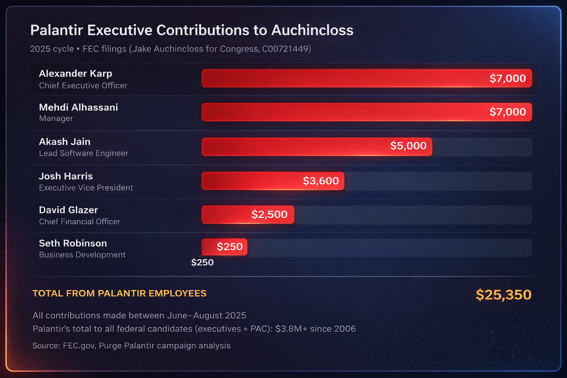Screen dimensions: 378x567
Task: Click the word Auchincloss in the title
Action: coord(312,30)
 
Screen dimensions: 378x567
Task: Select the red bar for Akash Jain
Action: coord(295,147)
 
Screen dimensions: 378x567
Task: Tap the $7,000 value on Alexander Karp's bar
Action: coord(508,78)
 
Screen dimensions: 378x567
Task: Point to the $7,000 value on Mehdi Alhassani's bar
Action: coord(508,112)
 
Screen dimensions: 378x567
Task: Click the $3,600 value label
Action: coord(321,181)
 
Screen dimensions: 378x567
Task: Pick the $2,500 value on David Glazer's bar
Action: coord(269,214)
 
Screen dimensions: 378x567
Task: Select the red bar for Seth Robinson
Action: coord(209,247)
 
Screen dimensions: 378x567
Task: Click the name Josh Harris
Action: coord(66,176)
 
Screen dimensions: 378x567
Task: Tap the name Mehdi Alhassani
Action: coord(78,107)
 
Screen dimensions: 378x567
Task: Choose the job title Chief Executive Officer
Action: coord(83,86)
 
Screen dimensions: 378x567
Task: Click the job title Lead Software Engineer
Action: coord(83,153)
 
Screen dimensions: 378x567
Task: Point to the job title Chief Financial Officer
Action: coord(80,221)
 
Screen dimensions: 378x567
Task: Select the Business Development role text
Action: coord(82,255)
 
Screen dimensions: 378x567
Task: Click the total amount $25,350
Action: coord(504,295)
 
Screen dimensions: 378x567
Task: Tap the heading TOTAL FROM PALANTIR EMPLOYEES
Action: coord(119,293)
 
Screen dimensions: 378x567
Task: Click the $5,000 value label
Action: coord(408,146)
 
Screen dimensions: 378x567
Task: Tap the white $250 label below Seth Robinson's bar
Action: coord(202,262)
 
